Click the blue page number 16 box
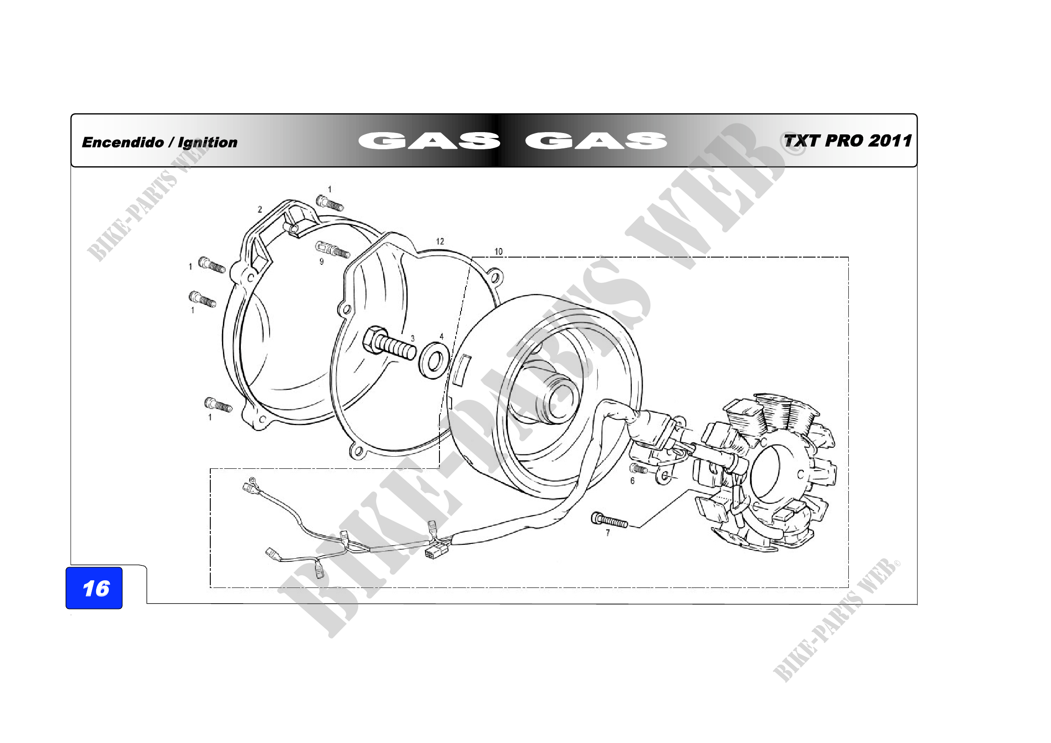(x=94, y=588)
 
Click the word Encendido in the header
(x=123, y=142)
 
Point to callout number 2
(x=260, y=209)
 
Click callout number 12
(x=440, y=241)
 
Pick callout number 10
(x=498, y=251)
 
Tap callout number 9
(x=321, y=262)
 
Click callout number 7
(x=608, y=533)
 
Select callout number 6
(x=633, y=481)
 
